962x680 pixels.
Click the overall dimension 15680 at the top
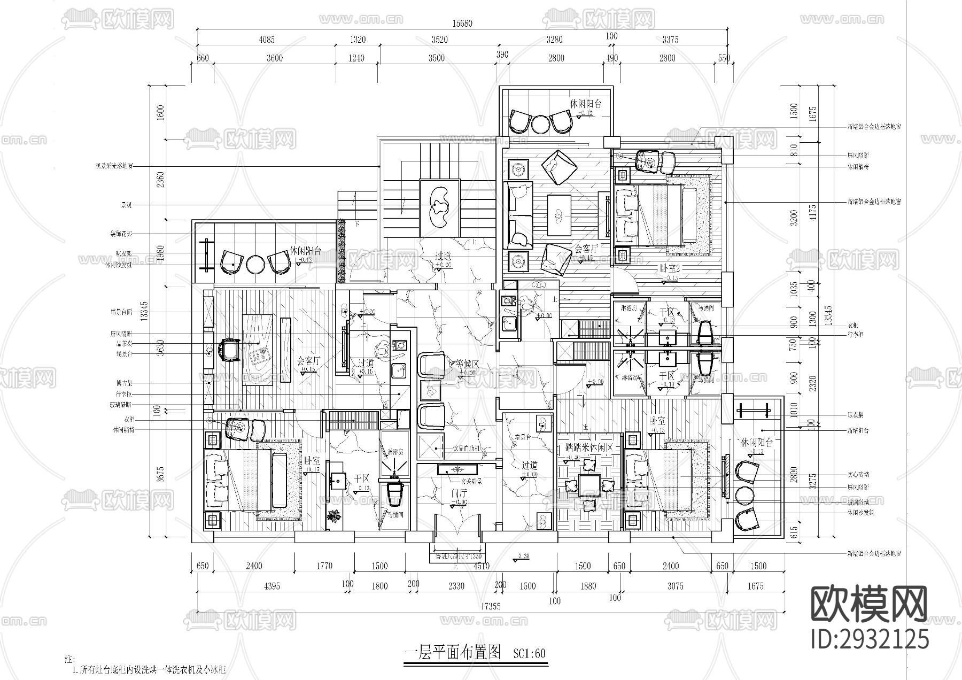[x=463, y=24]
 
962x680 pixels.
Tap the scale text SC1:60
[x=529, y=654]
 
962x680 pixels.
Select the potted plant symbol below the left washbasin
[x=335, y=516]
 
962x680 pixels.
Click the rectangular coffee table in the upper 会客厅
[x=559, y=214]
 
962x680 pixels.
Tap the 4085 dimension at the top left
[x=267, y=40]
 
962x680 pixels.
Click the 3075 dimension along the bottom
[x=675, y=586]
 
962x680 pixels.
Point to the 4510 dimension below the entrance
[x=481, y=566]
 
